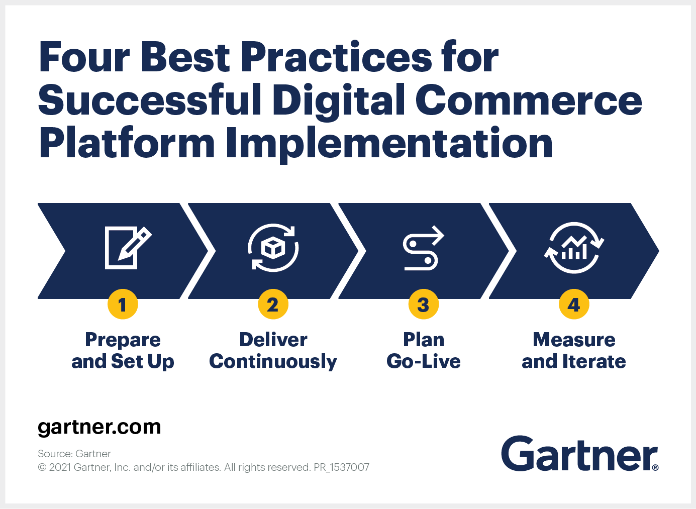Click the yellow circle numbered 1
pos(123,304)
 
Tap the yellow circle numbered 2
pos(273,304)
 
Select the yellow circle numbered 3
pos(424,304)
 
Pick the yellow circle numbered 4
pos(574,304)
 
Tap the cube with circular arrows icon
pos(273,248)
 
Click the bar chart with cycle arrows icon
pos(574,248)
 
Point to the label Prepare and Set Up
pos(123,350)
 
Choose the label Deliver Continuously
pos(273,350)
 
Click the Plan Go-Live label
pos(424,350)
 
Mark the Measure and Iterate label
pos(574,350)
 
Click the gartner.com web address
pos(100,427)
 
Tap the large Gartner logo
pos(578,454)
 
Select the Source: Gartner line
pos(74,454)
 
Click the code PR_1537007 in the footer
pos(341,467)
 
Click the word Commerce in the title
pos(529,100)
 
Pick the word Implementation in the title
pos(389,143)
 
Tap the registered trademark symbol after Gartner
pos(655,467)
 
